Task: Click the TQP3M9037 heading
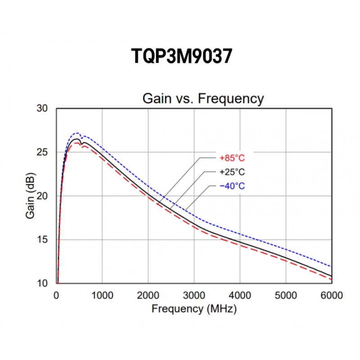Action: click(x=181, y=57)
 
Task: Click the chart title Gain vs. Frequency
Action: click(x=202, y=98)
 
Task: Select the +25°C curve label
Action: click(x=232, y=172)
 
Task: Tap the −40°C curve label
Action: click(x=232, y=186)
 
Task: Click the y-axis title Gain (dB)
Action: click(x=30, y=196)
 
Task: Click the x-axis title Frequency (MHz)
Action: click(x=193, y=309)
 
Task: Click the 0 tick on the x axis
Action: click(x=56, y=295)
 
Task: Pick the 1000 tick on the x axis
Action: click(x=102, y=295)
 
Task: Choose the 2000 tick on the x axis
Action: click(x=148, y=295)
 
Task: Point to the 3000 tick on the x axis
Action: click(x=194, y=295)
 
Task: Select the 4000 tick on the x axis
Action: click(x=240, y=295)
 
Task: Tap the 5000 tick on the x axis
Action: click(x=286, y=295)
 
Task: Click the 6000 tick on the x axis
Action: click(x=332, y=295)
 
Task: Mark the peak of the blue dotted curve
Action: click(x=76, y=133)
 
